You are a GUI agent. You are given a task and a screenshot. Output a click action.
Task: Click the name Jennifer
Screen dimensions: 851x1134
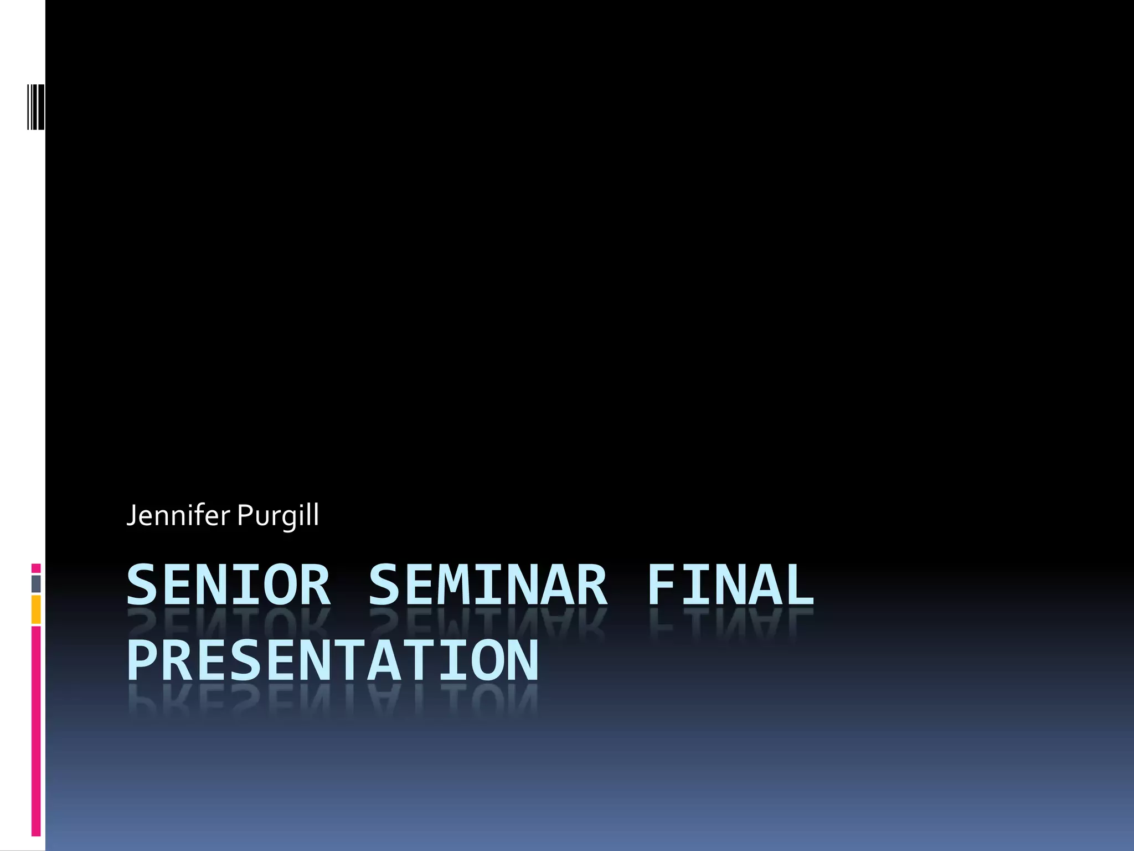click(178, 515)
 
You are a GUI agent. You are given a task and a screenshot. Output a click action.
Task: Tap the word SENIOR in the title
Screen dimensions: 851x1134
click(228, 585)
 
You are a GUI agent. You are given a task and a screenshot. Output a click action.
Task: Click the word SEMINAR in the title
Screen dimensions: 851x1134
click(488, 585)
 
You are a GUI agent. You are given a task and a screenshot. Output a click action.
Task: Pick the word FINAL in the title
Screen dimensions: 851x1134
click(730, 585)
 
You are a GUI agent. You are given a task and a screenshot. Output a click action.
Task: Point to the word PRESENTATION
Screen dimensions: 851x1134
click(332, 660)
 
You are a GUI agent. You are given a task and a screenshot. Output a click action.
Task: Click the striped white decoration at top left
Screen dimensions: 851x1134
click(36, 106)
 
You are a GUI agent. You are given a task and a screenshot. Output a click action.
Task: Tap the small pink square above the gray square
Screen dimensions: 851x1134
click(36, 568)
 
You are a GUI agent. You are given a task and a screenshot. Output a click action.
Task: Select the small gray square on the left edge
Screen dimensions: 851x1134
click(36, 583)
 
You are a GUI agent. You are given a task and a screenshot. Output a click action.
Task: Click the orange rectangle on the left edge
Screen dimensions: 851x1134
click(36, 609)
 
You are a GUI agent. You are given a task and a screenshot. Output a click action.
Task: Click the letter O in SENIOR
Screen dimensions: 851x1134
click(280, 585)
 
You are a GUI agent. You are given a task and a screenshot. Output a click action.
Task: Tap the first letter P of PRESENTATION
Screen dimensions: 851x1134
click(142, 660)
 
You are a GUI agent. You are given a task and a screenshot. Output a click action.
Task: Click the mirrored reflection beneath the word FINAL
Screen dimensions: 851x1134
click(730, 623)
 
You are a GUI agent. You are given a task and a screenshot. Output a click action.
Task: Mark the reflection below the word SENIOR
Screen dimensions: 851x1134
click(228, 623)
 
